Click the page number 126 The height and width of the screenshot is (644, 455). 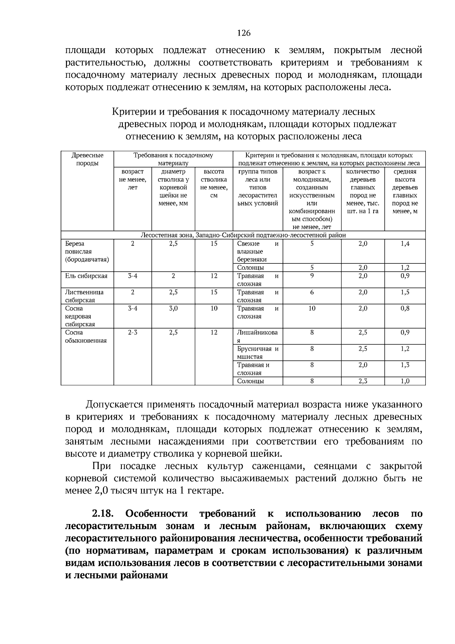click(x=244, y=33)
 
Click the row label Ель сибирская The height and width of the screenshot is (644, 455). click(x=86, y=276)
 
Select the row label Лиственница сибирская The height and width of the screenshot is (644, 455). click(x=84, y=296)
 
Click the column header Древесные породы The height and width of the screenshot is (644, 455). click(x=87, y=159)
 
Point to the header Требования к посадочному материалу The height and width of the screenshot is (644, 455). click(x=173, y=159)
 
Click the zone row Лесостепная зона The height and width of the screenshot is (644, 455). click(x=243, y=235)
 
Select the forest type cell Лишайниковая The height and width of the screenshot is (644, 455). click(x=257, y=336)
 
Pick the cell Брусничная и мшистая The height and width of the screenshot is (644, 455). click(x=257, y=353)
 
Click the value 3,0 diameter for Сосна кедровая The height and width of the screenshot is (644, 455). click(x=173, y=308)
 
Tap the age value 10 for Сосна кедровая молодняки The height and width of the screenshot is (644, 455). click(x=312, y=308)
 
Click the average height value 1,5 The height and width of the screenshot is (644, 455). click(x=405, y=292)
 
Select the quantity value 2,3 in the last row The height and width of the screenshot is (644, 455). click(x=362, y=381)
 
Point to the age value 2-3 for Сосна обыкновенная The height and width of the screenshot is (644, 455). click(x=132, y=332)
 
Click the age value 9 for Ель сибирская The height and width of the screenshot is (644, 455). click(x=312, y=276)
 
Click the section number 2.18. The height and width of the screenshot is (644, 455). click(x=103, y=514)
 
